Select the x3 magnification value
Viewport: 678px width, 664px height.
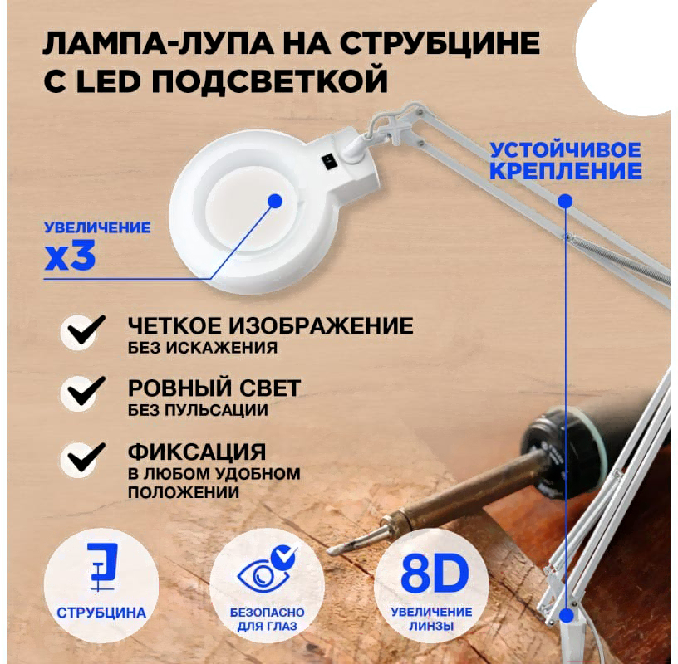pos(70,256)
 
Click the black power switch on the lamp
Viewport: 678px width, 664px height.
pos(327,162)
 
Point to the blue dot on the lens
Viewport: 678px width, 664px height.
pos(275,201)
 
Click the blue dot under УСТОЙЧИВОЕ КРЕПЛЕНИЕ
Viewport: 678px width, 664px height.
pos(565,201)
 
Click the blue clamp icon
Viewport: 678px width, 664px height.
pos(102,567)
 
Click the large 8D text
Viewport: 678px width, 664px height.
pos(435,574)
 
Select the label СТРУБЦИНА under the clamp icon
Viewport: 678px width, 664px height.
pos(101,613)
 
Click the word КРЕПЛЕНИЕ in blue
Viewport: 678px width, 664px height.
pos(566,171)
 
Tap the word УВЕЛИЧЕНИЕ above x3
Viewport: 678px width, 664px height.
pos(97,227)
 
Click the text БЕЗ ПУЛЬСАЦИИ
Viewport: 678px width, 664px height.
pos(198,410)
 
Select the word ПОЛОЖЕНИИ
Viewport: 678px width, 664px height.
pos(184,492)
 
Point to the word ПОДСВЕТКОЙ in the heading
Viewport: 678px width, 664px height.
pos(269,80)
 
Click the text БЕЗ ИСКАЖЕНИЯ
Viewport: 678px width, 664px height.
pos(203,348)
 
